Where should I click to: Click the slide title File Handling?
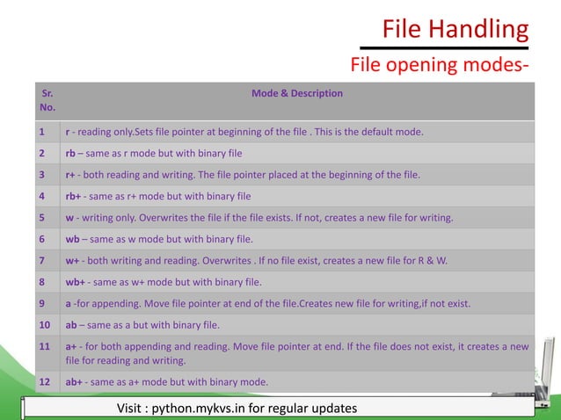(455, 30)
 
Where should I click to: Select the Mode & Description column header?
(297, 92)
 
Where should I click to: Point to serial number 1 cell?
(41, 133)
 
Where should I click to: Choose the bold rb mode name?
(70, 153)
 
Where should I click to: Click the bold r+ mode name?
(69, 174)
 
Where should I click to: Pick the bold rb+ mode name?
(74, 195)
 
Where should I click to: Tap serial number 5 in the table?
(41, 217)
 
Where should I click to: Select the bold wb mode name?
(72, 238)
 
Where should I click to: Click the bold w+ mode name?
(72, 260)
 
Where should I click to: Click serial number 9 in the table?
(41, 303)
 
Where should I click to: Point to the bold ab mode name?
(70, 325)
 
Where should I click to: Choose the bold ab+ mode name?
(75, 381)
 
